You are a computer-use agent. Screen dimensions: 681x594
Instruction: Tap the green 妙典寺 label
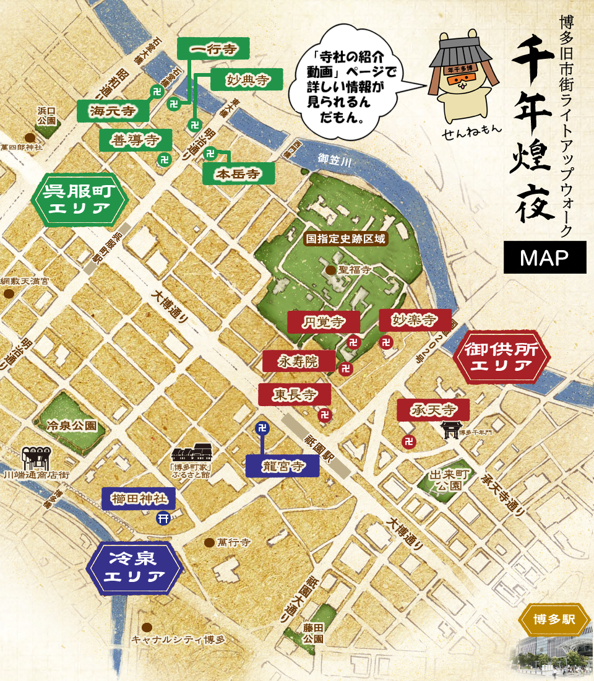pos(246,80)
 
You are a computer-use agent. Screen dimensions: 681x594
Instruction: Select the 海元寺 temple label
pos(113,111)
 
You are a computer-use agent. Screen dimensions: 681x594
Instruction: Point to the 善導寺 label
pos(136,140)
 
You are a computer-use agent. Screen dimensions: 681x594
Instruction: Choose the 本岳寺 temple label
pos(238,174)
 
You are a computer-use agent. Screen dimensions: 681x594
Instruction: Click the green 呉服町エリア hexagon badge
pos(79,199)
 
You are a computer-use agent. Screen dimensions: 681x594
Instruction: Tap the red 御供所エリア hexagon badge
pos(502,357)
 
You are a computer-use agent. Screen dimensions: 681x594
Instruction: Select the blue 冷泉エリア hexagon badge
pos(136,568)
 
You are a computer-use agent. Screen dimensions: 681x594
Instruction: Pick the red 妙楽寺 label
pos(415,320)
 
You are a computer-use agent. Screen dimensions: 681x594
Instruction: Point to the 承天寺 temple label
pos(434,409)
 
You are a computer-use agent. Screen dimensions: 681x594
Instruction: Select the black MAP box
pos(544,258)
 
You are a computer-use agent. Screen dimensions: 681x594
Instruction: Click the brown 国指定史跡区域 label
pos(347,238)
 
